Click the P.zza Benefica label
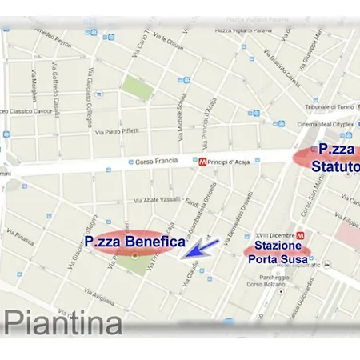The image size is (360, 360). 134,241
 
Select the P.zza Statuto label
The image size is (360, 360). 336,158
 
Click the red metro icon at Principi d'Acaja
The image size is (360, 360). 203,160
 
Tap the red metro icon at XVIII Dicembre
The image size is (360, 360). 301,235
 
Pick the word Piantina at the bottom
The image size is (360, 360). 63,322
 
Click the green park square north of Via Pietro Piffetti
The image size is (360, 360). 135,85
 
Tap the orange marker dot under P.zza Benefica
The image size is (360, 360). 134,255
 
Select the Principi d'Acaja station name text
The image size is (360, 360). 233,160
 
